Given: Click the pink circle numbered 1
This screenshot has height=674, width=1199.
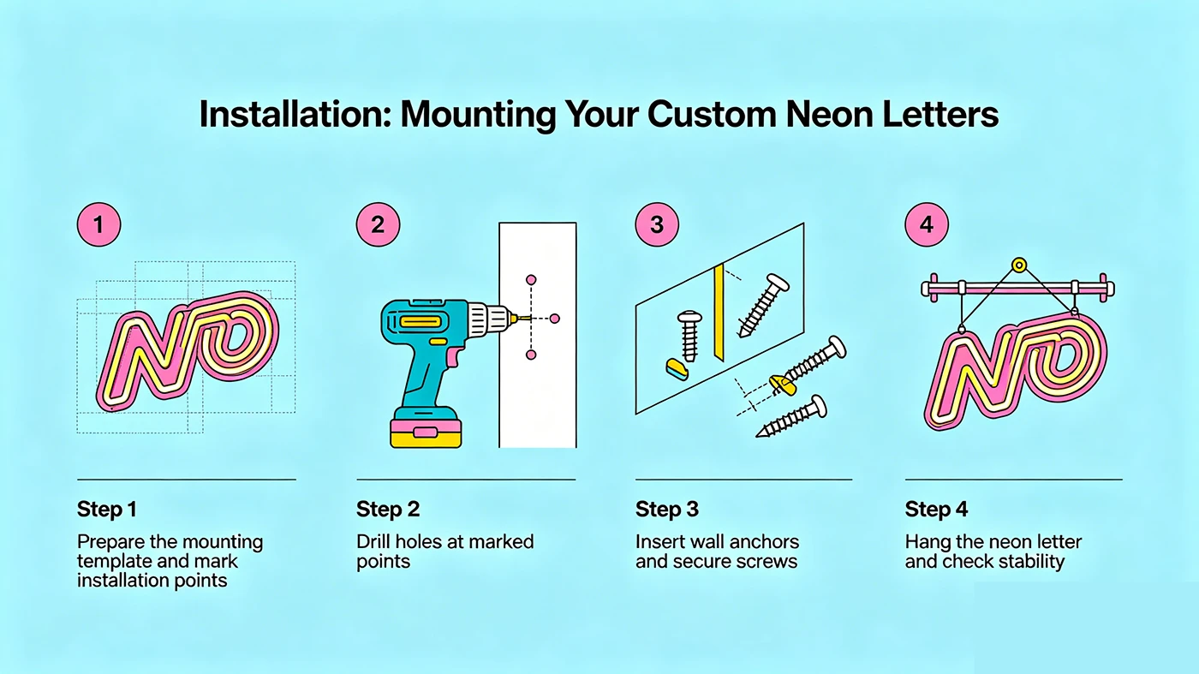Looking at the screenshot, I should click(98, 225).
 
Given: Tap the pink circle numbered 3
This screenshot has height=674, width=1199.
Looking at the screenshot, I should click(657, 225).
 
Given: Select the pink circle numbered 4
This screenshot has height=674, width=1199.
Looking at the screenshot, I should click(927, 225).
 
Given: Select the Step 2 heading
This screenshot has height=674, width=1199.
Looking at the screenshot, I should click(388, 510).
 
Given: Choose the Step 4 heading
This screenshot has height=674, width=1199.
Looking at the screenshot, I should click(936, 510).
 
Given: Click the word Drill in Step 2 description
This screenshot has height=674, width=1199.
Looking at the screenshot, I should click(374, 542).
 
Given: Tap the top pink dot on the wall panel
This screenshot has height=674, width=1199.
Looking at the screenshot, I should click(531, 280).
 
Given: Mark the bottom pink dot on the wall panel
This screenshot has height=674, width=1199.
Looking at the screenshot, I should click(531, 355).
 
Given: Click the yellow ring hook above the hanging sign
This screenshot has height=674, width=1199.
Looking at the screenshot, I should click(1018, 265).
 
